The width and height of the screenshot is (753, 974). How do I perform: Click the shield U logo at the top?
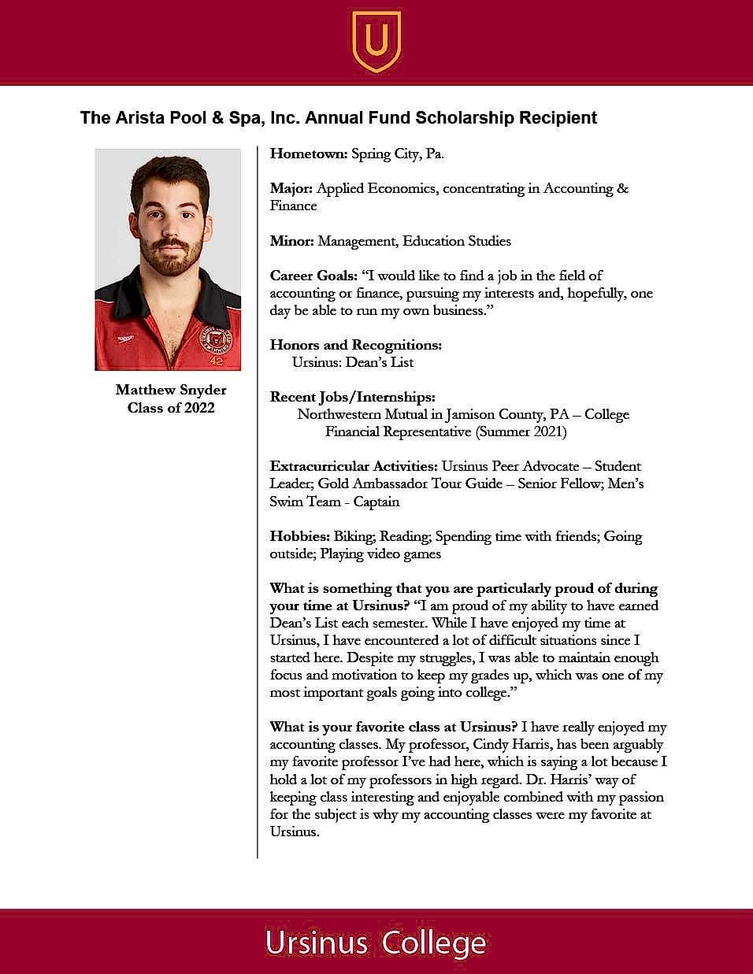[x=376, y=40]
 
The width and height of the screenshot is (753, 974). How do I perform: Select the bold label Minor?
[x=292, y=241]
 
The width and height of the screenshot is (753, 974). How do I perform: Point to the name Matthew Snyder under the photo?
[x=171, y=390]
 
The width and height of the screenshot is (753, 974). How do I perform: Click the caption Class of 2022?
[x=171, y=408]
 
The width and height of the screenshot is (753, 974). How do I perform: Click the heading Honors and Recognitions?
[x=355, y=345]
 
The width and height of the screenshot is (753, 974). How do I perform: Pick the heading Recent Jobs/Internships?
[x=352, y=397]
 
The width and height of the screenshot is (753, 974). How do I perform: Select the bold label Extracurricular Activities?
[x=354, y=466]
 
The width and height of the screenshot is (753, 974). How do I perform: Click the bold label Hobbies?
[x=299, y=536]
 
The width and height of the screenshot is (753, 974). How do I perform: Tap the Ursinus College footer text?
[x=376, y=943]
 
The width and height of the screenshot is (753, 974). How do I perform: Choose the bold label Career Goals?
[x=313, y=276]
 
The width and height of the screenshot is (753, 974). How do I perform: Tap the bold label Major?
[x=291, y=188]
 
